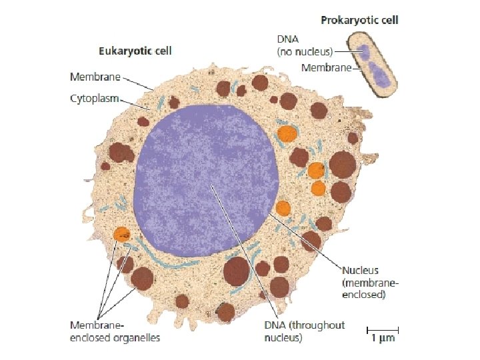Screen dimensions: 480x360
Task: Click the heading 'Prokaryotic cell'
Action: pos(359,21)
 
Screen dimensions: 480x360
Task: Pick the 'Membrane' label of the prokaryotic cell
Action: pos(326,67)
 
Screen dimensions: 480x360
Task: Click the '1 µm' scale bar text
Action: pos(383,339)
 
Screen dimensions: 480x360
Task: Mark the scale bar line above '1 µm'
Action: pos(383,329)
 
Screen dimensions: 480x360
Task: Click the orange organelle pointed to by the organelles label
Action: pos(121,234)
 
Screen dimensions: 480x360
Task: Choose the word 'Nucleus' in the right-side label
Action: pos(360,271)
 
